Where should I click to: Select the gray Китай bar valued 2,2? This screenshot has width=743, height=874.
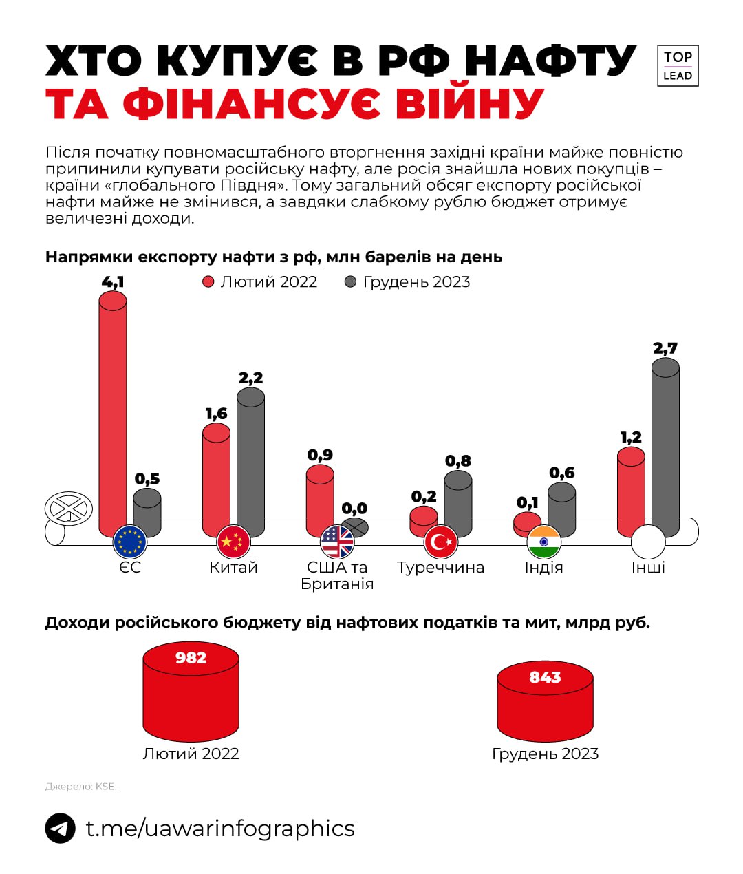[x=250, y=461]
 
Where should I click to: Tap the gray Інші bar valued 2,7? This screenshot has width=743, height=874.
[x=665, y=447]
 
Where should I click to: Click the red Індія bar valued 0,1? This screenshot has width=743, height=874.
[x=528, y=523]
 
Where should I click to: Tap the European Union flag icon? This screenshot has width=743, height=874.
[x=130, y=542]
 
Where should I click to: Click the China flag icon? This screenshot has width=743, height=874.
[x=234, y=542]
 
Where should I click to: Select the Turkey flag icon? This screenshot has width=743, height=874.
[x=441, y=542]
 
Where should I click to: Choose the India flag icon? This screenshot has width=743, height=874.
[x=544, y=542]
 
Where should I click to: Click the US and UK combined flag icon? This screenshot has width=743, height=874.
[x=337, y=542]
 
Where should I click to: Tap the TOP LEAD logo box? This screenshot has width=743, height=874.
[x=678, y=66]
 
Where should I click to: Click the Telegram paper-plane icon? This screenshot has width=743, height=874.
[x=61, y=828]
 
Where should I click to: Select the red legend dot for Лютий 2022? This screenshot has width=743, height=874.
[x=208, y=282]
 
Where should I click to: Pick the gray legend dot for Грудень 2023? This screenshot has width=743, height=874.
[x=351, y=282]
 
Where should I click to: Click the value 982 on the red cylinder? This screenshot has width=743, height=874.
[x=191, y=658]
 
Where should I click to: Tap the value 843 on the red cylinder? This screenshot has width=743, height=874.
[x=545, y=677]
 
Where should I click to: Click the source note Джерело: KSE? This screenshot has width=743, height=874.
[x=81, y=787]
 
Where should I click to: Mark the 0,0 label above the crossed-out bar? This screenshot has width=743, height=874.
[x=354, y=509]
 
